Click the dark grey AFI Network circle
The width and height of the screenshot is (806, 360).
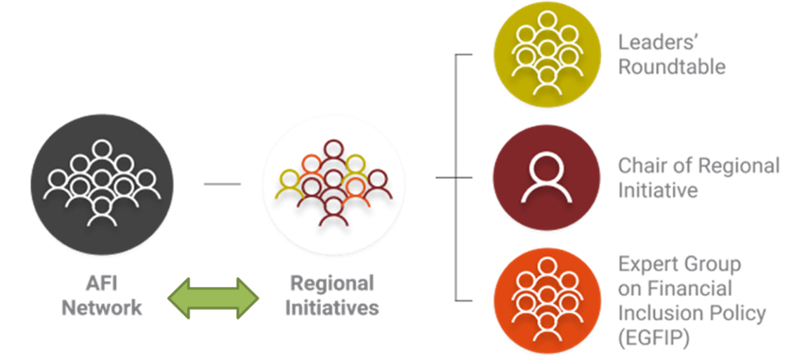pyautogui.click(x=103, y=184)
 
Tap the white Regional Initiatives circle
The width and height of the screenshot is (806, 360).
pyautogui.click(x=333, y=184)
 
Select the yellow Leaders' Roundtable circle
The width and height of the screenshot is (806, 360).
pyautogui.click(x=547, y=55)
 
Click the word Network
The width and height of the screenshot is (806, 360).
pyautogui.click(x=102, y=307)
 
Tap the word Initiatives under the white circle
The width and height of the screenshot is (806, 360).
pyautogui.click(x=332, y=307)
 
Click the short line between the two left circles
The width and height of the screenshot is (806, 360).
pyautogui.click(x=222, y=185)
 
